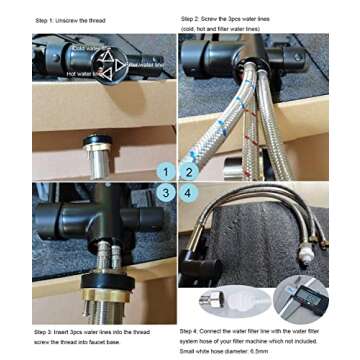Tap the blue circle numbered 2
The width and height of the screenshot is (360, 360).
point(189,172)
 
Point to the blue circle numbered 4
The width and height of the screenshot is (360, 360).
point(189,191)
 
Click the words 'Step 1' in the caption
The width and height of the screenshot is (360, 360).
point(44,20)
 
